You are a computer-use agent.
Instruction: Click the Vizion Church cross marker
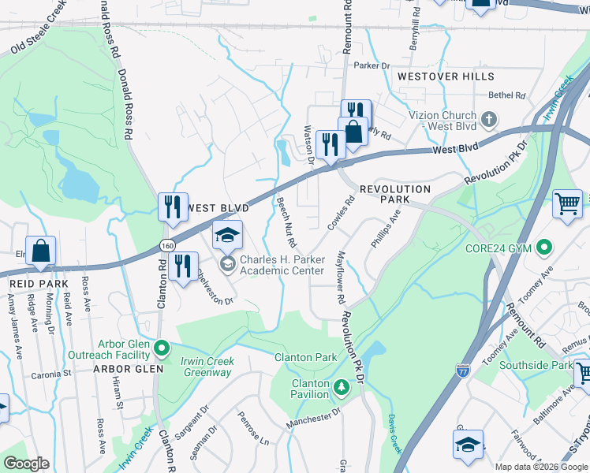pyautogui.click(x=489, y=120)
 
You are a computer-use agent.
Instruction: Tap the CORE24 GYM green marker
pyautogui.click(x=543, y=249)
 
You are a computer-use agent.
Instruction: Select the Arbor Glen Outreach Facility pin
pyautogui.click(x=162, y=347)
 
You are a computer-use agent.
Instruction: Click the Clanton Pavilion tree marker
pyautogui.click(x=341, y=386)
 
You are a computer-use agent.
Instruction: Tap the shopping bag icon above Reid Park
pyautogui.click(x=40, y=251)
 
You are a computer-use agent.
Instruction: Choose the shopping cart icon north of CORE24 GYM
pyautogui.click(x=567, y=205)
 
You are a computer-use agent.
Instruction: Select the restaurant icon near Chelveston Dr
pyautogui.click(x=183, y=266)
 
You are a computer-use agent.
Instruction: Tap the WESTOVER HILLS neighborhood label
pyautogui.click(x=446, y=76)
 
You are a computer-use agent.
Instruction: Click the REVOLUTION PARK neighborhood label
pyautogui.click(x=395, y=195)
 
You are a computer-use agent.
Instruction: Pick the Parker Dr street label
pyautogui.click(x=372, y=65)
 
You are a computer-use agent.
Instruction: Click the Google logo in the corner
pyautogui.click(x=26, y=464)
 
